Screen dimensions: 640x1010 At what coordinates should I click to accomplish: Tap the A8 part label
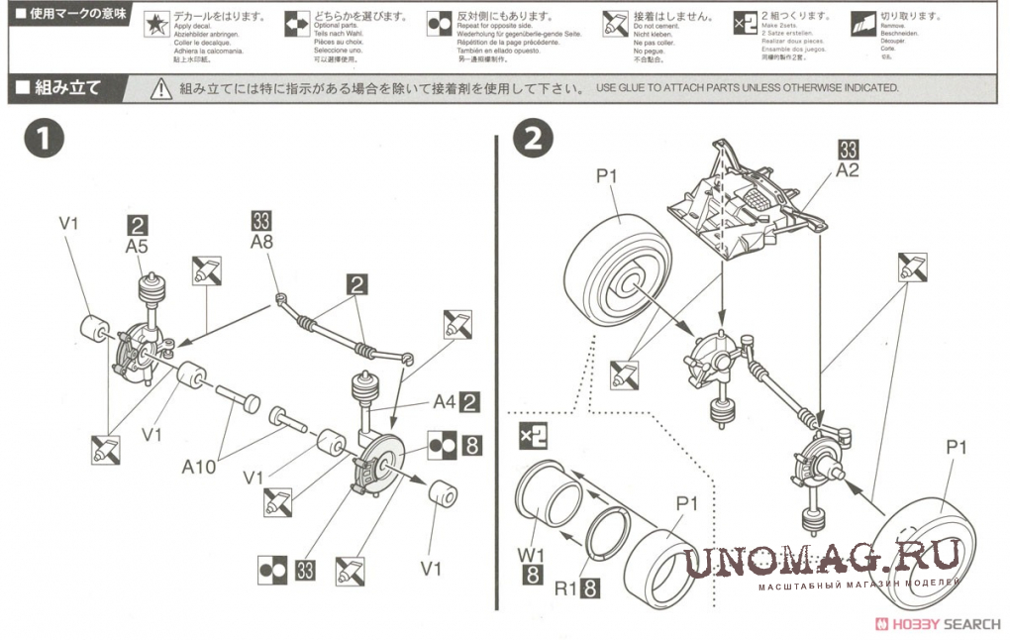(x=261, y=242)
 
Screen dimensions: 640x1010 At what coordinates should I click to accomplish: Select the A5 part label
(x=137, y=245)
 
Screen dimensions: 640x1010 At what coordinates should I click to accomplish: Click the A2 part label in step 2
(x=847, y=169)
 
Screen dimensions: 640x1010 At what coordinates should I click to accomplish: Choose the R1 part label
(x=565, y=590)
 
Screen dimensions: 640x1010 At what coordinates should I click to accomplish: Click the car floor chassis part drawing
(x=745, y=206)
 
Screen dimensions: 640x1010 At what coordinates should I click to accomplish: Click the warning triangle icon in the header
(x=161, y=88)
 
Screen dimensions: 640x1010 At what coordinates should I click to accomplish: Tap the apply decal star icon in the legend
(x=156, y=26)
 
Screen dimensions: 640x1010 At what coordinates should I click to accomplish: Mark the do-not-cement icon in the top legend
(x=614, y=26)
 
